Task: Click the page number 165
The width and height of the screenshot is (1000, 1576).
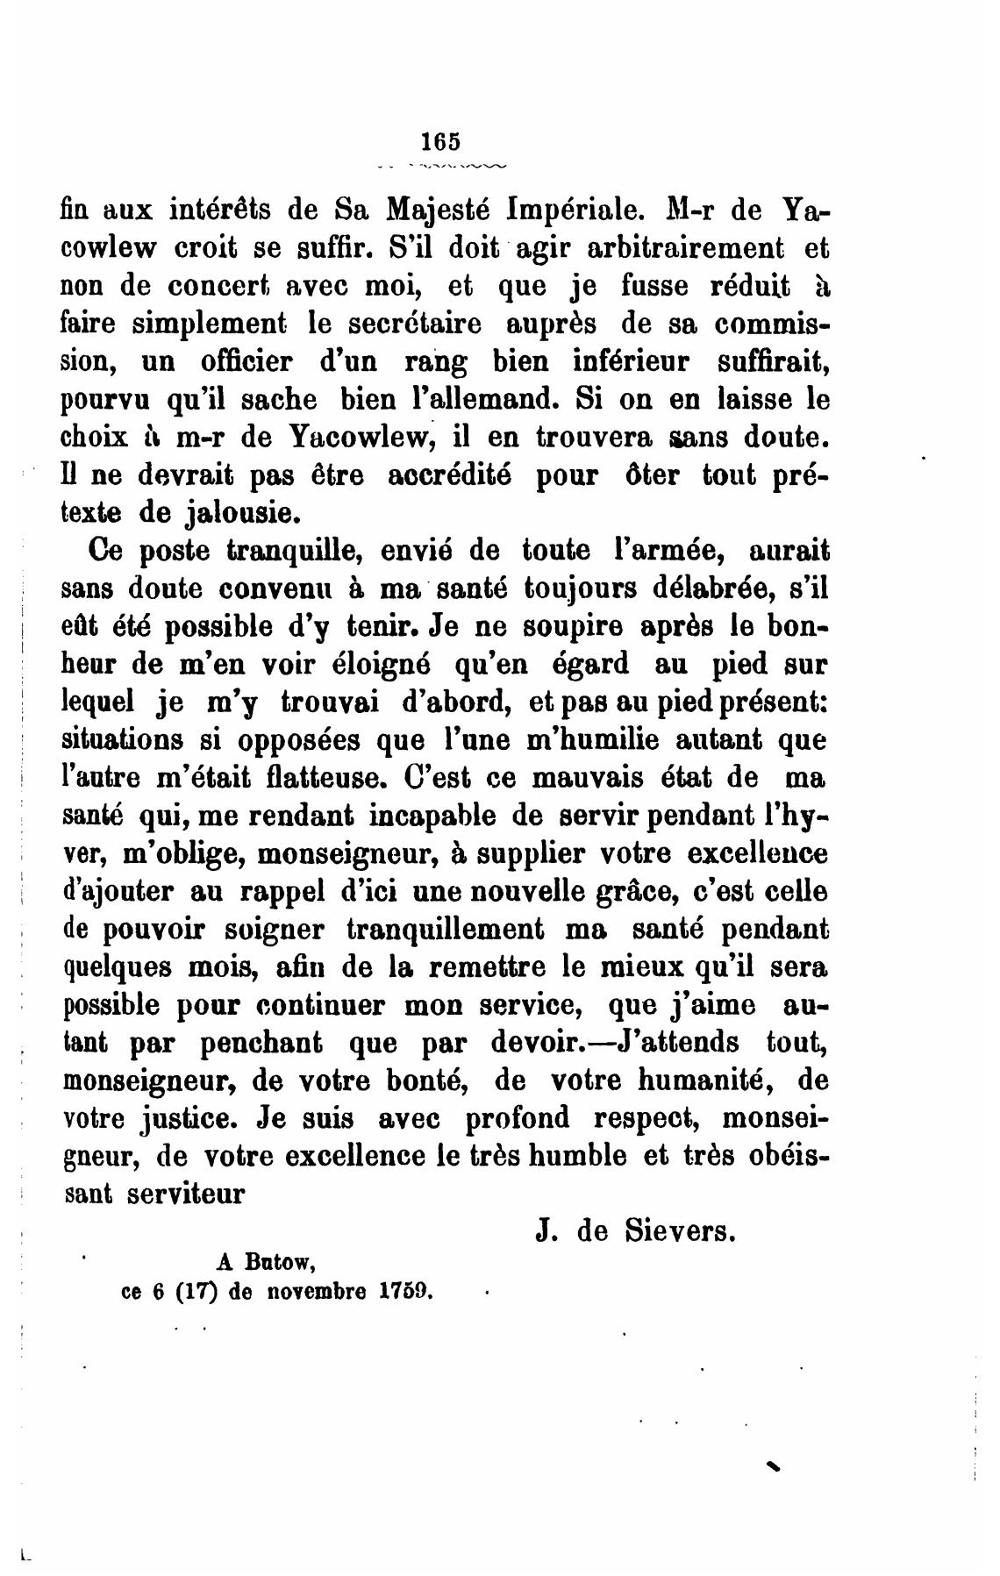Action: click(x=440, y=141)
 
